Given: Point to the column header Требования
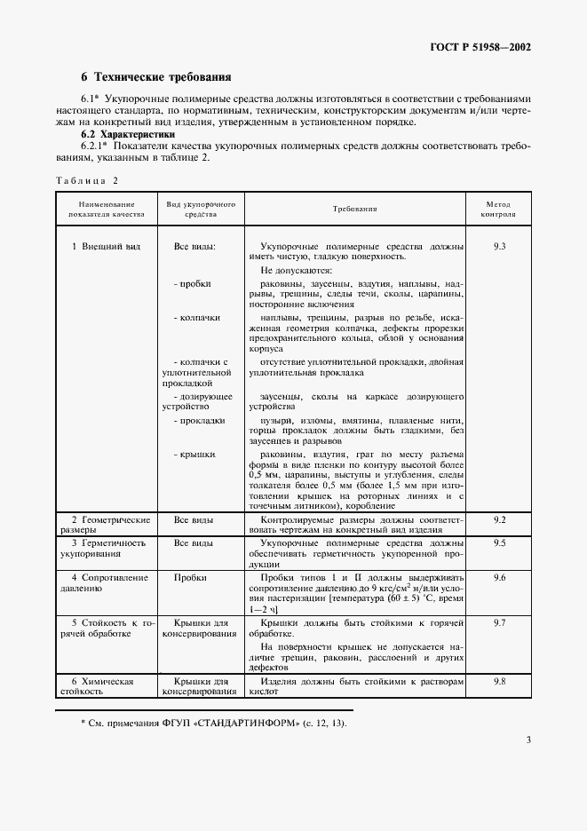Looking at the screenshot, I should click(355, 209).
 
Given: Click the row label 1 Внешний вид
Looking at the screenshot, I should click(107, 245).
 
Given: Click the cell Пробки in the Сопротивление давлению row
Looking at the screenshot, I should click(190, 577).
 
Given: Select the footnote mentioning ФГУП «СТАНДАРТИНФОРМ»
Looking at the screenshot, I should click(213, 724).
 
